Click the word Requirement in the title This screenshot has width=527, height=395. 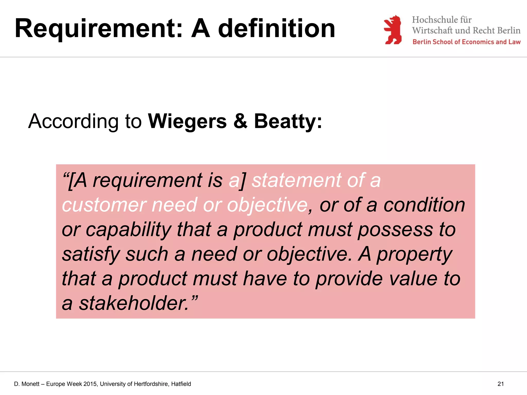coord(99,29)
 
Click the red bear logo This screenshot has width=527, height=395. coord(393,30)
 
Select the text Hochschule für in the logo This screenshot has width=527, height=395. coord(442,20)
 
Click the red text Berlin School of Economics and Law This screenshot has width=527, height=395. coord(466,42)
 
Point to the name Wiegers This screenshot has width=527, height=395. coord(187,121)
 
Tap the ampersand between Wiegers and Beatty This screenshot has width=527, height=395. coord(240,121)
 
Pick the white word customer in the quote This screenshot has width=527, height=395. coord(104,205)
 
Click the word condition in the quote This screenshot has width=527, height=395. coord(424,205)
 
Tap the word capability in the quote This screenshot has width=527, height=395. coord(128,230)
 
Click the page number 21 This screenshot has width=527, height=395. coord(500,384)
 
